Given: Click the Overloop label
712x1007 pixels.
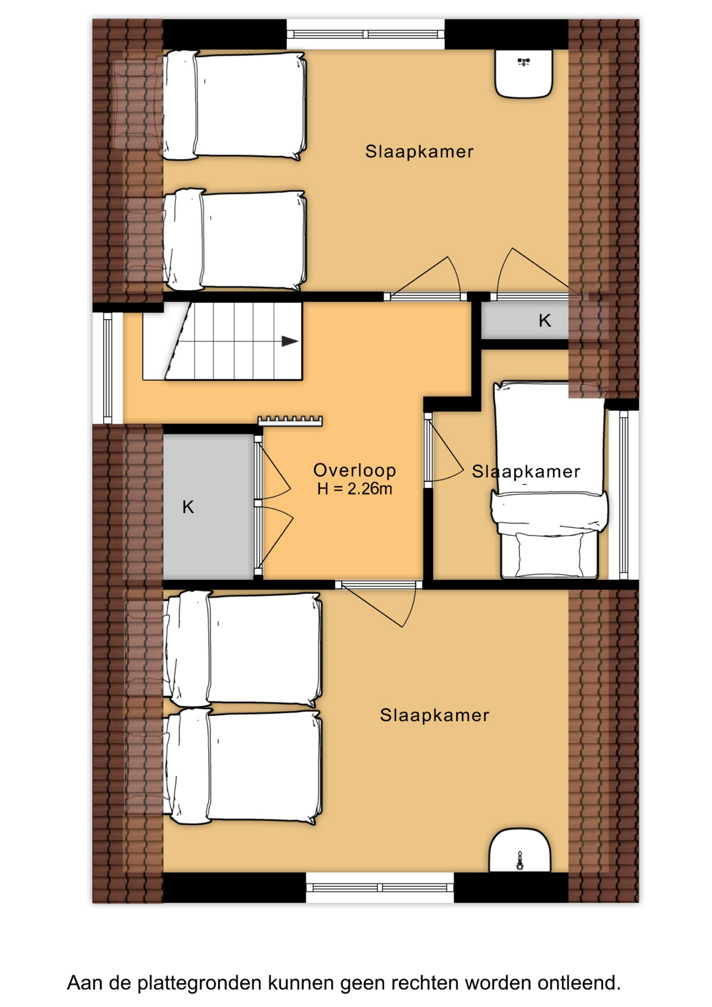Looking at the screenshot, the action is tap(354, 470).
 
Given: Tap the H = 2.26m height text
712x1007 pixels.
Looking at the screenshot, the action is tap(354, 489).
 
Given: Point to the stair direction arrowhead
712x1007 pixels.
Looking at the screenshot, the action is tap(290, 341).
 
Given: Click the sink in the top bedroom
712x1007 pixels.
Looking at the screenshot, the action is tap(524, 74).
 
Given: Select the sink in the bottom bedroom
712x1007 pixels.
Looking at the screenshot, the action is tap(520, 851).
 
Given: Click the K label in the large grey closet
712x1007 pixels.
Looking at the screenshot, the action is tap(188, 507).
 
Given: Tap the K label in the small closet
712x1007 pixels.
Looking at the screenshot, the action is tap(545, 320).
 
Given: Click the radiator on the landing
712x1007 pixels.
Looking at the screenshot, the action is tap(290, 421).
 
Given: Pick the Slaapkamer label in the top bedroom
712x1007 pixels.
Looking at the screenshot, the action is tap(419, 152).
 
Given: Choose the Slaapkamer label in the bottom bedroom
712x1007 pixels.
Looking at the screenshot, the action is tap(435, 715).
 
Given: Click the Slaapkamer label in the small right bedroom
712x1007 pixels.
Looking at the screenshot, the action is tap(526, 472).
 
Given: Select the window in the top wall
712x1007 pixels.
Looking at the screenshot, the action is tap(366, 34).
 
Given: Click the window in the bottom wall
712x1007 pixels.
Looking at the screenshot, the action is tap(380, 887).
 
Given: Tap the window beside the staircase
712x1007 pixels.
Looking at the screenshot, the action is tap(107, 368).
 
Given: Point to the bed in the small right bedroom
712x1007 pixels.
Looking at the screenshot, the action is tap(549, 480).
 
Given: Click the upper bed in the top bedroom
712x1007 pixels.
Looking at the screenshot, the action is tap(234, 105).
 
